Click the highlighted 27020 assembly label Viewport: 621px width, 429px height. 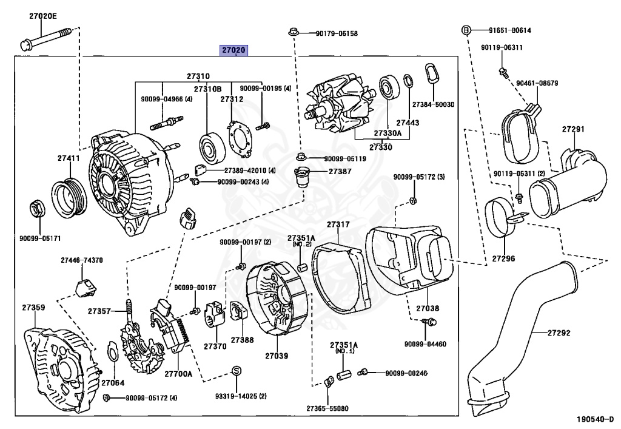click(234, 50)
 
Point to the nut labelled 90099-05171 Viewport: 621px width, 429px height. click(36, 209)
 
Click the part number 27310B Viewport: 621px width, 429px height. click(207, 89)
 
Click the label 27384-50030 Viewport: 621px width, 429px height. click(433, 104)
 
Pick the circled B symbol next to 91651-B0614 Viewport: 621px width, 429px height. click(466, 30)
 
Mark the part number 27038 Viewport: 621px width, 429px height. click(428, 309)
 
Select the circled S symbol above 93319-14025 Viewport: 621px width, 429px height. click(237, 371)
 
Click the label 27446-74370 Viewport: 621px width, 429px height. click(81, 260)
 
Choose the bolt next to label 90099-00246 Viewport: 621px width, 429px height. click(363, 372)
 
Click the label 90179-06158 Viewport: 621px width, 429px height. click(332, 33)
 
